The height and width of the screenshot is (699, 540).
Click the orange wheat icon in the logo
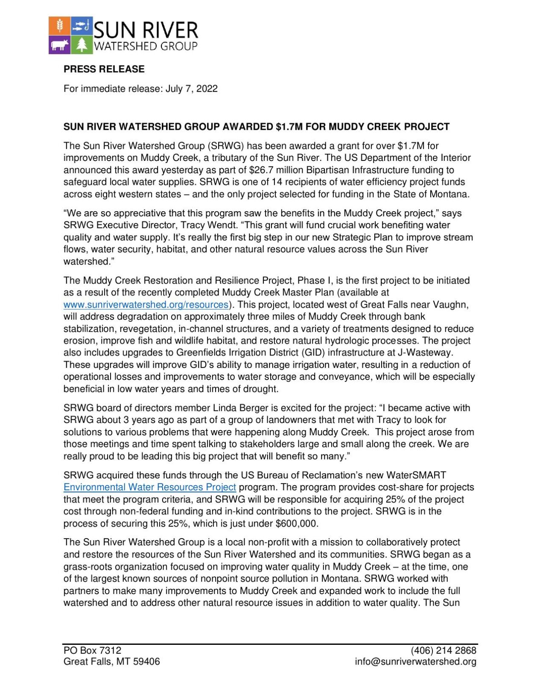(x=59, y=26)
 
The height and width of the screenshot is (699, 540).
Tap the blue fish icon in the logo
(x=81, y=26)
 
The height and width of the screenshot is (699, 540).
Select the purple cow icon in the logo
(x=59, y=45)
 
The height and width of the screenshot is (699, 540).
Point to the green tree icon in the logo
(x=81, y=45)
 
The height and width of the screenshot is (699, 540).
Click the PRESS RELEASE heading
(x=104, y=69)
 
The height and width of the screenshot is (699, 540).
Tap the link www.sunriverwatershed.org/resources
(x=146, y=305)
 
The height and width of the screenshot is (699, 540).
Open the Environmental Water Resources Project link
(x=149, y=487)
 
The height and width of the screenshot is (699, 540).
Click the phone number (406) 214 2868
(x=443, y=650)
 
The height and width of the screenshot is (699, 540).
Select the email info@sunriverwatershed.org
(x=415, y=661)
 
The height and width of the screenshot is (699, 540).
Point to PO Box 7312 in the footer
(x=92, y=650)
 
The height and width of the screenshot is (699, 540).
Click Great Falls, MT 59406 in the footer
(x=111, y=661)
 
